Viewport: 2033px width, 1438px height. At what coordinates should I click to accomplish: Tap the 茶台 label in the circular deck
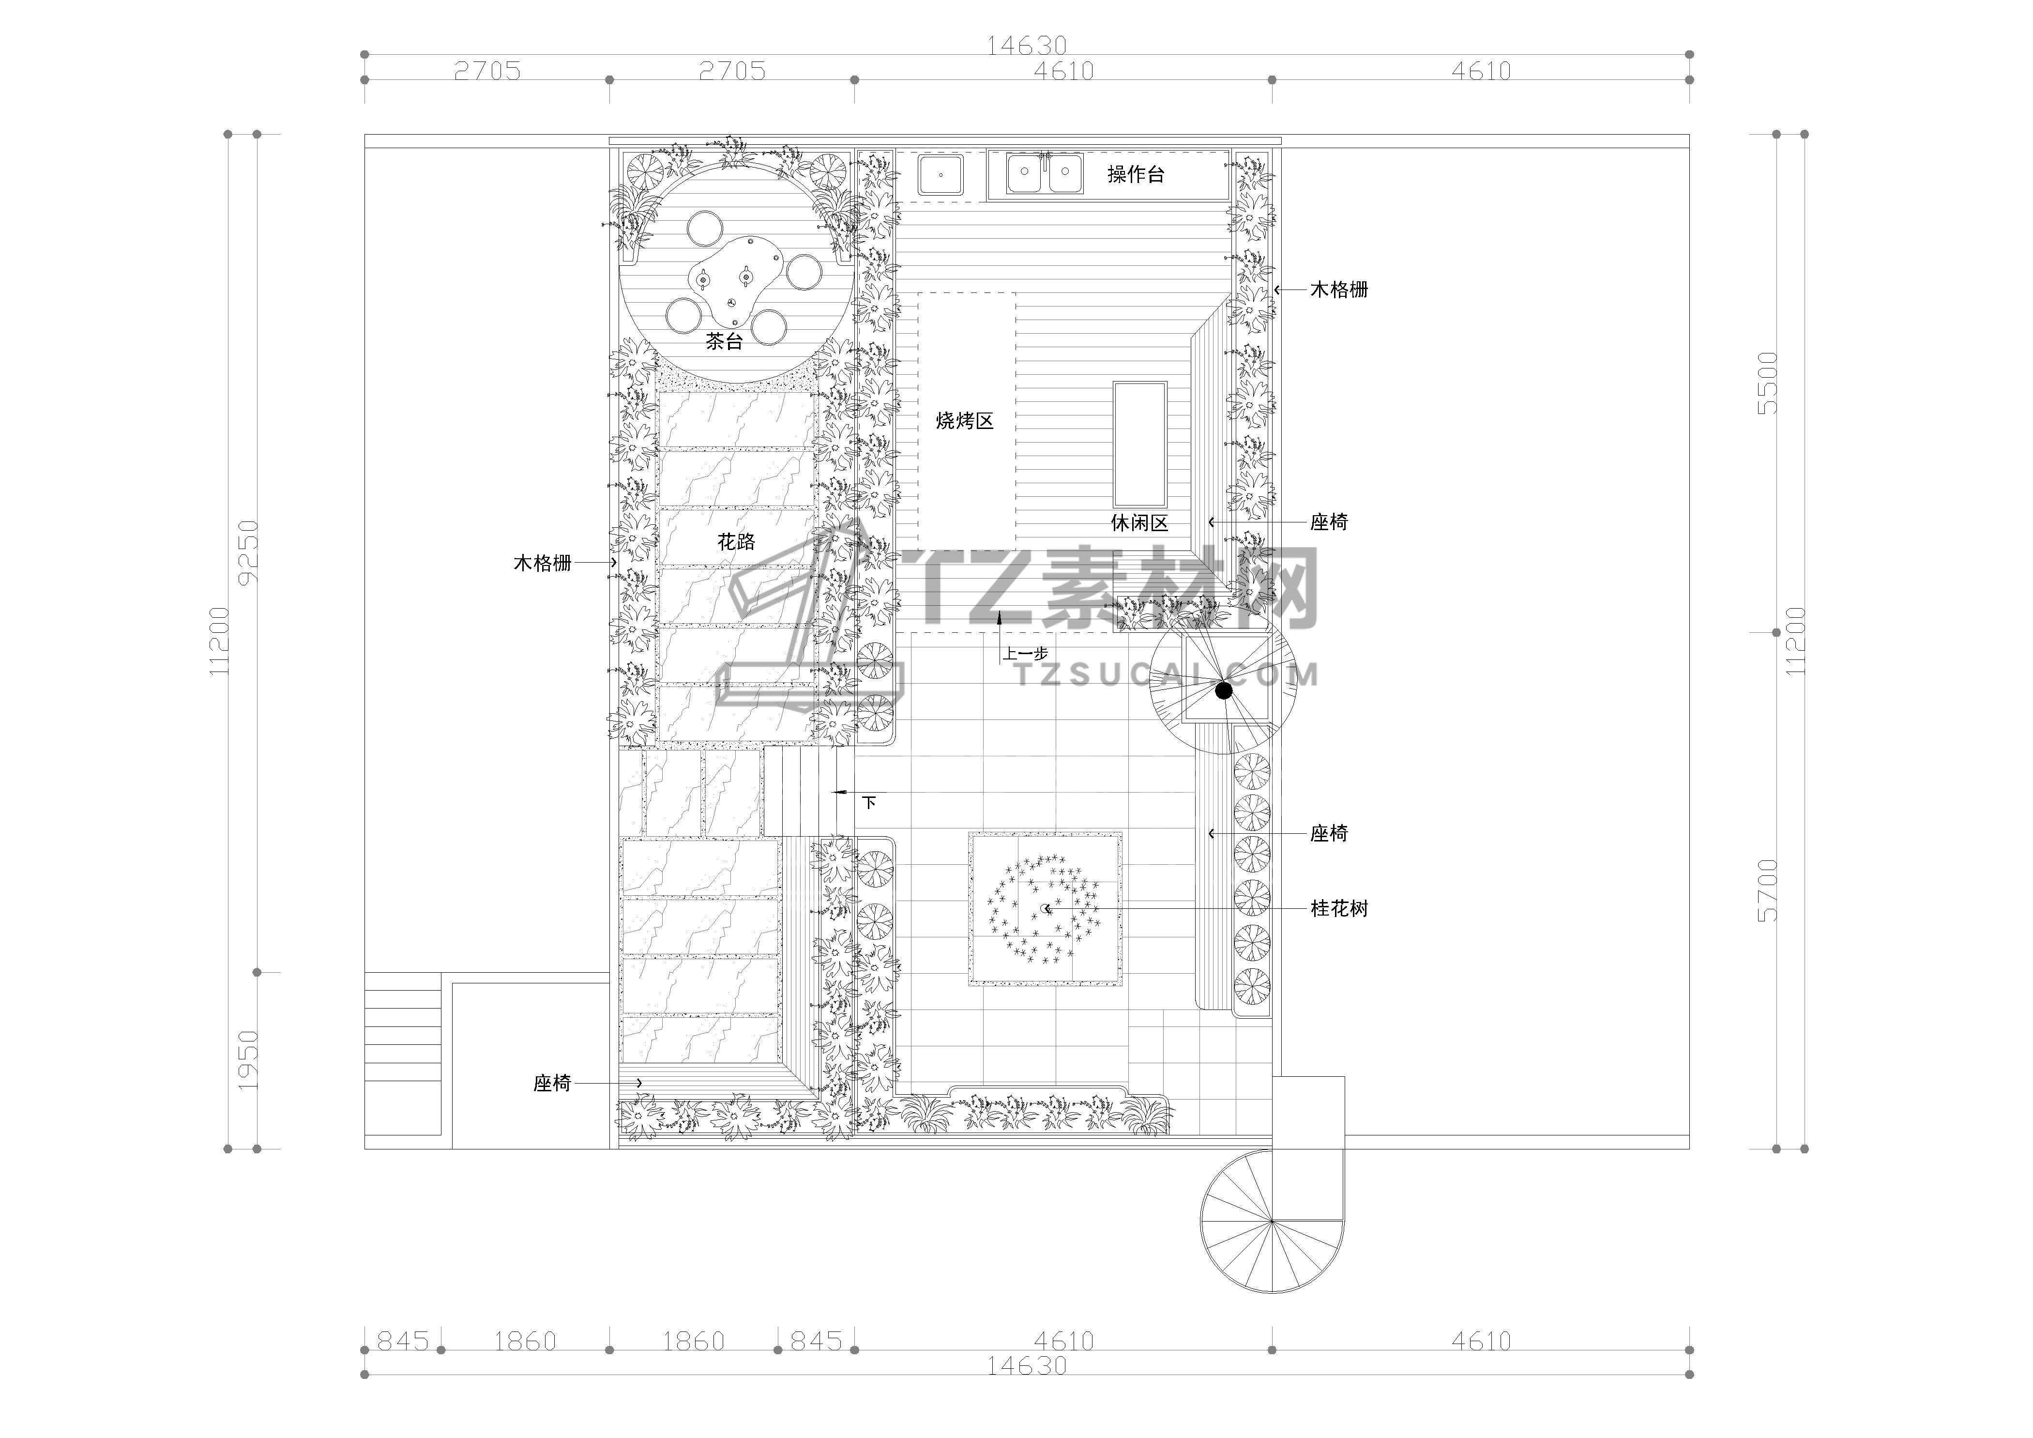click(x=724, y=341)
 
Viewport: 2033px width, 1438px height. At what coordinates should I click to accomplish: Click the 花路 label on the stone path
click(x=737, y=542)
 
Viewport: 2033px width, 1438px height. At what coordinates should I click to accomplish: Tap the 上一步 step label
click(x=1025, y=654)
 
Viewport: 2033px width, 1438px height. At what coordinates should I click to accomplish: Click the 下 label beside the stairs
click(x=869, y=802)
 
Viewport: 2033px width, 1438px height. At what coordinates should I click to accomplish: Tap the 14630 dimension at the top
click(x=1027, y=44)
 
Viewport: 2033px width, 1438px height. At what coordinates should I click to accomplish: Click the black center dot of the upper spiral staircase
click(x=1224, y=690)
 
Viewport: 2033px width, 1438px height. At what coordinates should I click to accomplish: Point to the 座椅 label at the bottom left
click(x=552, y=1083)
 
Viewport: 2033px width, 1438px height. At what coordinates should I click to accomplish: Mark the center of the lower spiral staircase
click(x=1272, y=1221)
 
